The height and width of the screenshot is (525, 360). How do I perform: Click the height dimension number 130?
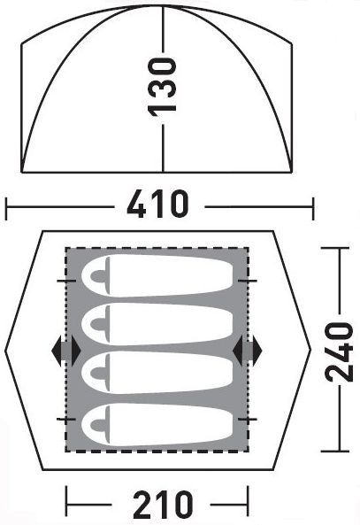coord(163,87)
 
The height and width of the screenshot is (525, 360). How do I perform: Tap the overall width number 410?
coord(158,204)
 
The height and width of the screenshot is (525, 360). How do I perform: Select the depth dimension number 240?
coord(340,351)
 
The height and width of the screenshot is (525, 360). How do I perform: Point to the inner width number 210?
coord(163,505)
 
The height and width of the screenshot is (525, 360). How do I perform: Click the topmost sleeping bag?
coord(157,275)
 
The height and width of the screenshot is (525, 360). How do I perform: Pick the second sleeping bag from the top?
coord(157,324)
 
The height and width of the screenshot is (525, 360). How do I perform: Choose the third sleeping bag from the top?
coord(157,373)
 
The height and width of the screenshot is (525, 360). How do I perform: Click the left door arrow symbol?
coord(66,351)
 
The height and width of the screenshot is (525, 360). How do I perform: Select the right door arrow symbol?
coord(248,351)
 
